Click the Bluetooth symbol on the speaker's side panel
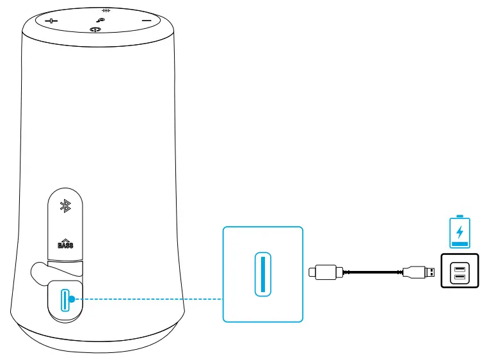(64, 206)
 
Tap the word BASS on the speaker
(65, 244)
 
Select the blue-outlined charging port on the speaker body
(64, 300)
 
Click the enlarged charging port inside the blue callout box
(262, 274)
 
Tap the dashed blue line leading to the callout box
(147, 299)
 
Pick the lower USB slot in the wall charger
(459, 277)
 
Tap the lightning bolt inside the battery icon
(459, 231)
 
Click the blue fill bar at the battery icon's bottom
(459, 243)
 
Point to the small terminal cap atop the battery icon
(459, 217)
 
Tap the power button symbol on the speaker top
(97, 29)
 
